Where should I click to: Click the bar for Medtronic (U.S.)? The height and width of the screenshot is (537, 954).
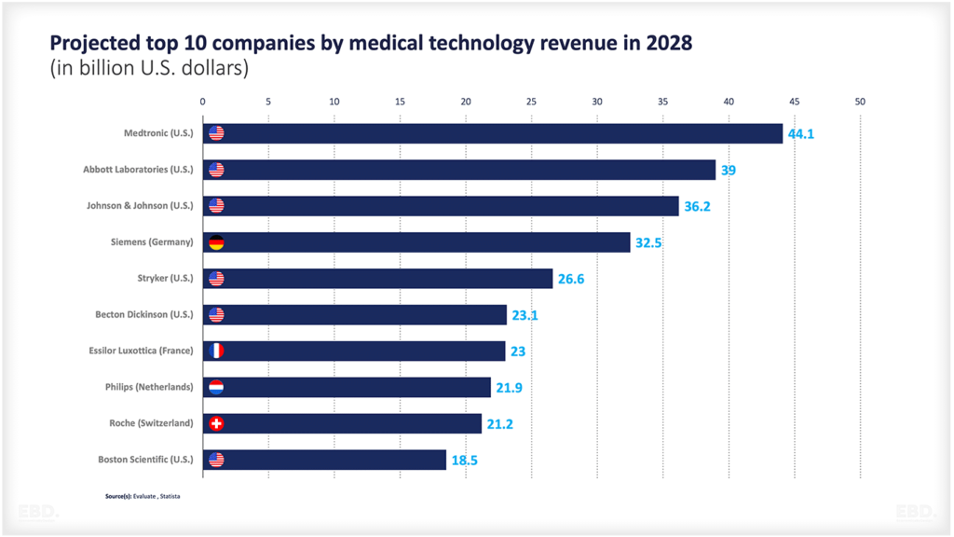[x=494, y=133]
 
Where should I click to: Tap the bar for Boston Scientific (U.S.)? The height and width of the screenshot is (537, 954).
[x=325, y=460]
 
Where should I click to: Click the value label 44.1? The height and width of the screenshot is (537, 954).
[x=801, y=134]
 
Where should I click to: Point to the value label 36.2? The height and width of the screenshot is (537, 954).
[x=697, y=206]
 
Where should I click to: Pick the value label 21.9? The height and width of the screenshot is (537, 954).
[x=509, y=388]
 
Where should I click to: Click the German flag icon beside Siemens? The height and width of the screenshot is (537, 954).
[x=216, y=242]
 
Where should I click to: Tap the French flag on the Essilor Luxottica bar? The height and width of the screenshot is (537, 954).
[x=216, y=351]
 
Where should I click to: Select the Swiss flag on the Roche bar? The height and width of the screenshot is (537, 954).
[x=216, y=424]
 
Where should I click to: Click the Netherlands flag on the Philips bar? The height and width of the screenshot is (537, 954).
[x=216, y=388]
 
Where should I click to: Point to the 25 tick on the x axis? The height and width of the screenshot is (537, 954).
[x=531, y=102]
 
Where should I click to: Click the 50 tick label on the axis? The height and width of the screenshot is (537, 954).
[x=860, y=102]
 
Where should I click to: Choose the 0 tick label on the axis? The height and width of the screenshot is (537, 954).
[x=203, y=102]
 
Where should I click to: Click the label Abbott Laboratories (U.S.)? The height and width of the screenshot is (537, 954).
[x=138, y=170]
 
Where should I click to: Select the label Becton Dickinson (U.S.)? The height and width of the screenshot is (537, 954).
[x=144, y=315]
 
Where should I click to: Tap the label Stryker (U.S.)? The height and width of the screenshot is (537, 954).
[x=165, y=279]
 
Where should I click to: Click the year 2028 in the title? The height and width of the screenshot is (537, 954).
[x=668, y=44]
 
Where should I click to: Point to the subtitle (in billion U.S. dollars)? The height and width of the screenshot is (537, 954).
[x=149, y=69]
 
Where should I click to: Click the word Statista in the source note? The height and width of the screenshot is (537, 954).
[x=170, y=496]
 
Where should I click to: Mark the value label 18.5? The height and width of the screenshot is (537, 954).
[x=464, y=461]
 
